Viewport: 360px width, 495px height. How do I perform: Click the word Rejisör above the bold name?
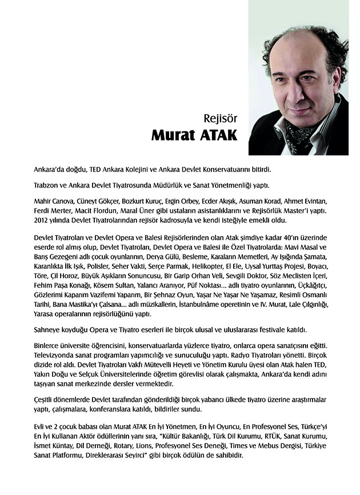point(220,120)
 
